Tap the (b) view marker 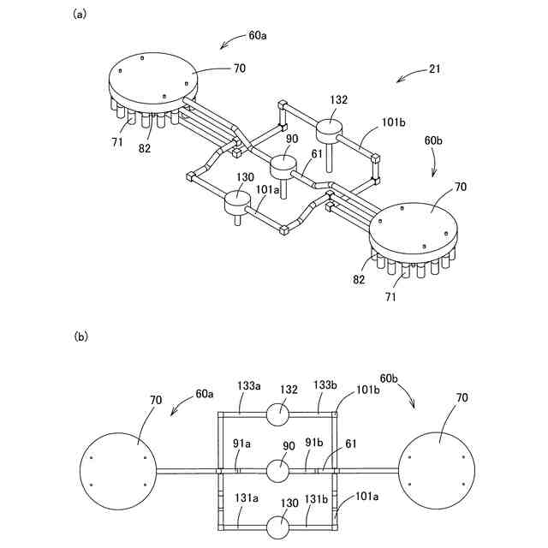tap(80, 337)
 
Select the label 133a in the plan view tap(249, 387)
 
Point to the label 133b tap(326, 386)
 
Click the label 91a tap(241, 444)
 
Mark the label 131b tap(319, 497)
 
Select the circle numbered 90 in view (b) tap(279, 470)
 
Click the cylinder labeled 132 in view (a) tap(330, 131)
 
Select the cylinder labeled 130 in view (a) tap(236, 203)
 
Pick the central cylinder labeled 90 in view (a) tap(283, 164)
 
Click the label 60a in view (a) tap(257, 37)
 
